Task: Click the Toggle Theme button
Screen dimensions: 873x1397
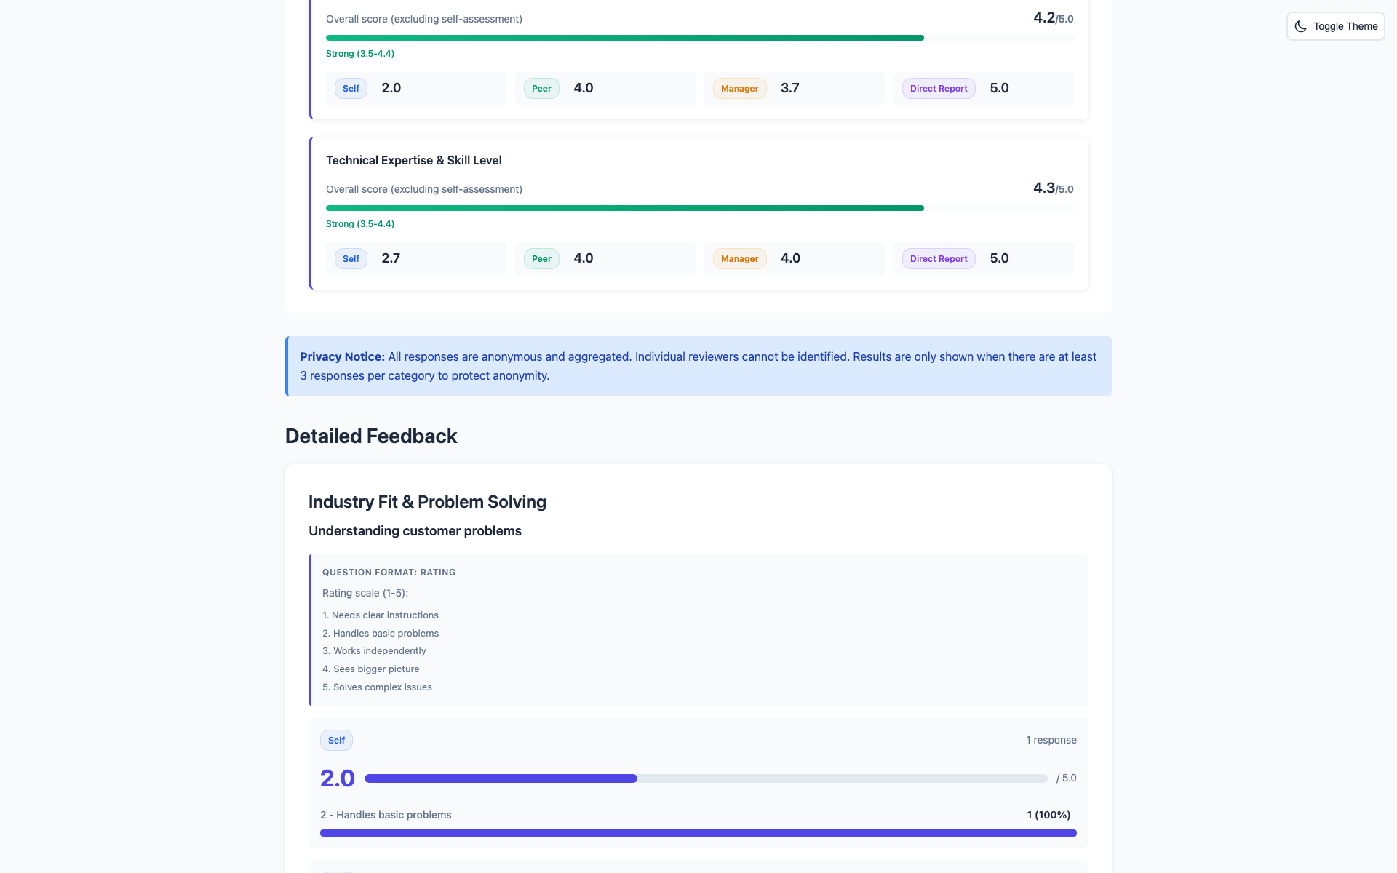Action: click(x=1335, y=26)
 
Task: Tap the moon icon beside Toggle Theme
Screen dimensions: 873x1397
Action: click(x=1300, y=26)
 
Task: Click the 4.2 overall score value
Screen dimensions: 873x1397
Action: click(x=1044, y=17)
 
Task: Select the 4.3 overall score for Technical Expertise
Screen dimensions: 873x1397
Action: click(x=1044, y=188)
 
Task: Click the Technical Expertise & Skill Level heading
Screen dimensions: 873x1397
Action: click(x=413, y=160)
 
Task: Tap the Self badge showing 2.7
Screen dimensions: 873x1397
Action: click(x=351, y=258)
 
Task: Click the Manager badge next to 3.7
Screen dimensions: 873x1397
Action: click(x=739, y=88)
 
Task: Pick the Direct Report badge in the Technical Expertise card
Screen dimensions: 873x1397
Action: click(x=938, y=258)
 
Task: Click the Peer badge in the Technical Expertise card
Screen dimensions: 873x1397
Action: click(x=541, y=258)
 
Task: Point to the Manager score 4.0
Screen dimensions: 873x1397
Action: click(x=790, y=258)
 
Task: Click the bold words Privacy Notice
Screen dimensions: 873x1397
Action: click(x=342, y=356)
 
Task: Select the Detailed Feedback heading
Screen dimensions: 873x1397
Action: click(x=371, y=436)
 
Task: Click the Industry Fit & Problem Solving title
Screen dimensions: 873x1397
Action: click(x=427, y=502)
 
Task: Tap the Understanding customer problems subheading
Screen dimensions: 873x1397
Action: click(x=415, y=530)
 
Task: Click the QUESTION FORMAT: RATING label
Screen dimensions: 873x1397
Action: click(x=389, y=573)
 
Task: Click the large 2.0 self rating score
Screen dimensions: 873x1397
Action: click(x=337, y=778)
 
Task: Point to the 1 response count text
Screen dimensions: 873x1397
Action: click(x=1051, y=740)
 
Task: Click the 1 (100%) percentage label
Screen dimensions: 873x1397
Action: click(x=1048, y=815)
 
